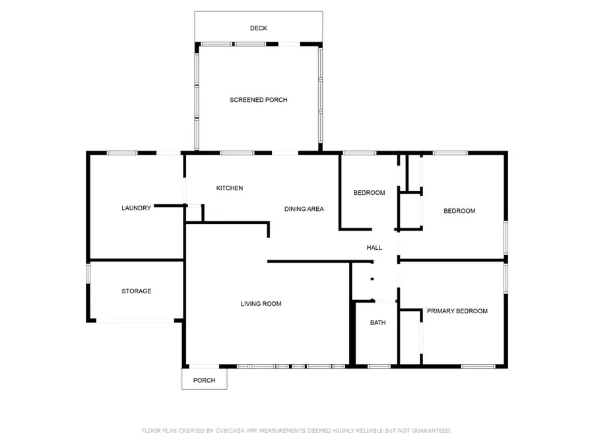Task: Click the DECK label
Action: click(x=258, y=28)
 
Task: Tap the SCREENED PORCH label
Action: click(x=258, y=100)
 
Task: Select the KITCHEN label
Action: click(x=230, y=188)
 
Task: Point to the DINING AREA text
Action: click(x=304, y=209)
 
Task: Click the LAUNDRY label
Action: click(x=136, y=207)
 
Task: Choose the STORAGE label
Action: click(x=136, y=291)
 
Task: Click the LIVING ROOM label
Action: click(x=261, y=304)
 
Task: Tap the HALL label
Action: click(x=374, y=248)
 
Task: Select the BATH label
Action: click(x=378, y=323)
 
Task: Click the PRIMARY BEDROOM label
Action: click(x=457, y=311)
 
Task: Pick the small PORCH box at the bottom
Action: click(x=204, y=380)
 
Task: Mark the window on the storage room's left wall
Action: click(x=88, y=274)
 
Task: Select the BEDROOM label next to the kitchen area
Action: click(x=369, y=193)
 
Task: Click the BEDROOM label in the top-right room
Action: click(x=459, y=211)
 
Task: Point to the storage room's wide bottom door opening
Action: click(x=136, y=321)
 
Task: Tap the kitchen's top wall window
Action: click(x=237, y=153)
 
